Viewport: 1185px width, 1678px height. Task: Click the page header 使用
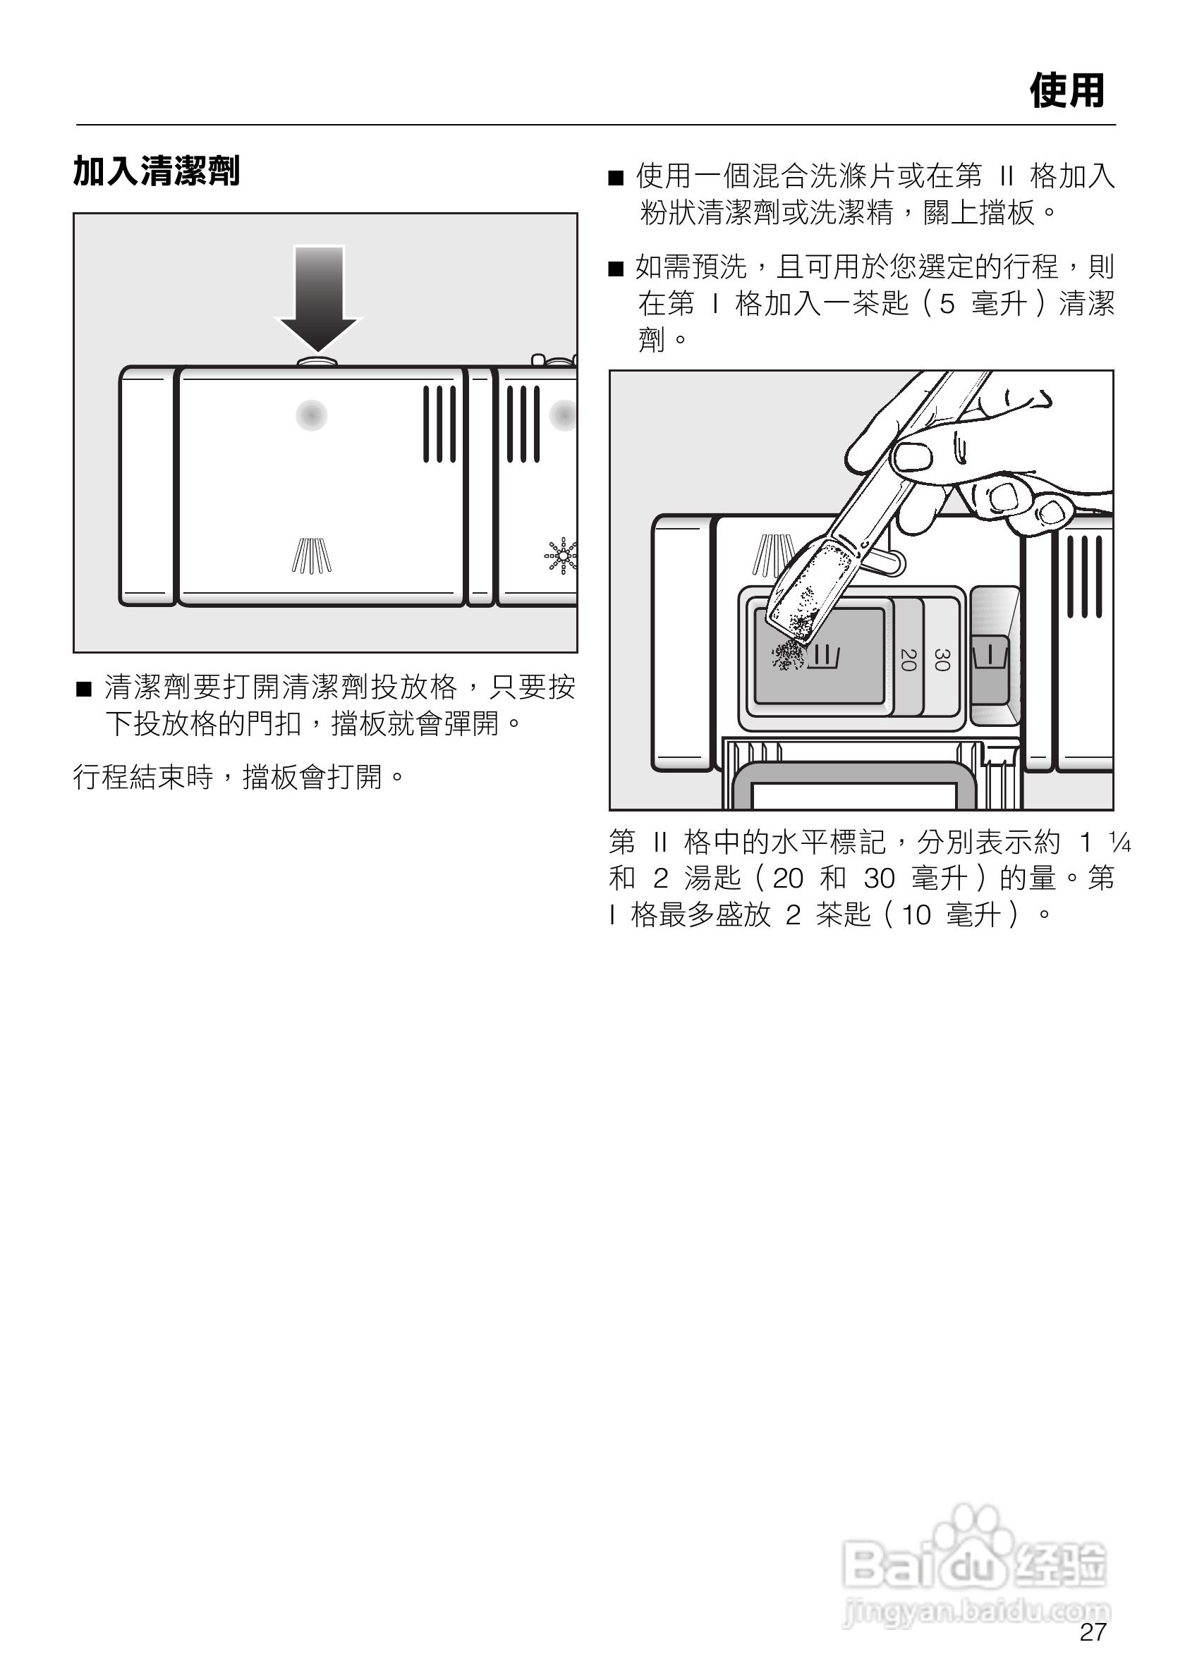pos(1066,92)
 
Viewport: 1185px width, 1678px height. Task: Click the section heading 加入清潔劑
pos(157,171)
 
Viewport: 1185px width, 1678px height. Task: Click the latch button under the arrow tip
pos(318,361)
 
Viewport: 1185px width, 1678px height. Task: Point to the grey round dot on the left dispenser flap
pos(312,415)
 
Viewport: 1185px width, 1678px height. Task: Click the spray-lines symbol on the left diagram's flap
pos(312,556)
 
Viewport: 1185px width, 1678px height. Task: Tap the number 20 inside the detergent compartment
pos(908,659)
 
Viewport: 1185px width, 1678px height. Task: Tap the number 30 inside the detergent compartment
pos(942,659)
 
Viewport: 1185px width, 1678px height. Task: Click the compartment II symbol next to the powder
pos(827,656)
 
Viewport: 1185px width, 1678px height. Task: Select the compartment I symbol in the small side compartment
pos(990,655)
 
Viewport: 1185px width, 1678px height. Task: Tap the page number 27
pos(1093,1631)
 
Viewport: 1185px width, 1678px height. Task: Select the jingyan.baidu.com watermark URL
pos(976,1610)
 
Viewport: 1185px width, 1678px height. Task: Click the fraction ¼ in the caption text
pos(1119,843)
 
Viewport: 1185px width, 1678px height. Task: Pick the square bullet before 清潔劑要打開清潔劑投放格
pos(84,688)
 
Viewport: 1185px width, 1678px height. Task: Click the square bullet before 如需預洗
pos(616,269)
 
